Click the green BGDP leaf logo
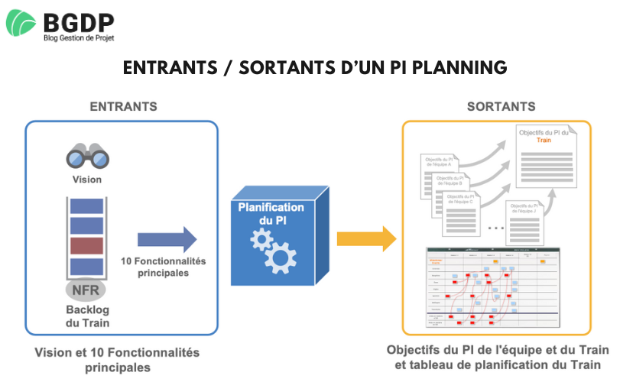pyautogui.click(x=21, y=23)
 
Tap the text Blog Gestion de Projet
pyautogui.click(x=78, y=36)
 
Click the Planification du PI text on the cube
pyautogui.click(x=271, y=213)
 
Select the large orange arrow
pyautogui.click(x=367, y=239)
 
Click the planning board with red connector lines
pyautogui.click(x=494, y=289)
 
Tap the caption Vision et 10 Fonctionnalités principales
pyautogui.click(x=116, y=360)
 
